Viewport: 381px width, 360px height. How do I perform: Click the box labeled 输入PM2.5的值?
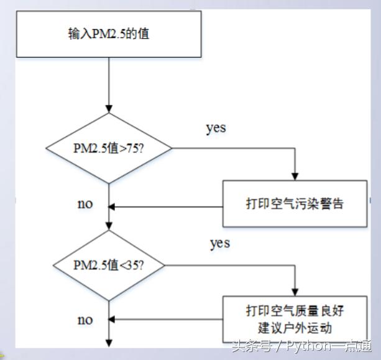pyautogui.click(x=109, y=33)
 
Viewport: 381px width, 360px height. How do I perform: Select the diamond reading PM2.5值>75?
pyautogui.click(x=109, y=149)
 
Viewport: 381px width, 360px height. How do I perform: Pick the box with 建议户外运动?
pyautogui.click(x=295, y=317)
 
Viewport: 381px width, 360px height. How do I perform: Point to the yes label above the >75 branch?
pyautogui.click(x=216, y=129)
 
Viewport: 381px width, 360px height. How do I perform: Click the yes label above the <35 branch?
pyautogui.click(x=219, y=242)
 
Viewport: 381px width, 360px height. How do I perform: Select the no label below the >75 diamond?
pyautogui.click(x=85, y=204)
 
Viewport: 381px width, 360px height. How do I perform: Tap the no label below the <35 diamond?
pyautogui.click(x=85, y=320)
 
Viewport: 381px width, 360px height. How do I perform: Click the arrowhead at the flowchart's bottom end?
pyautogui.click(x=109, y=343)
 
